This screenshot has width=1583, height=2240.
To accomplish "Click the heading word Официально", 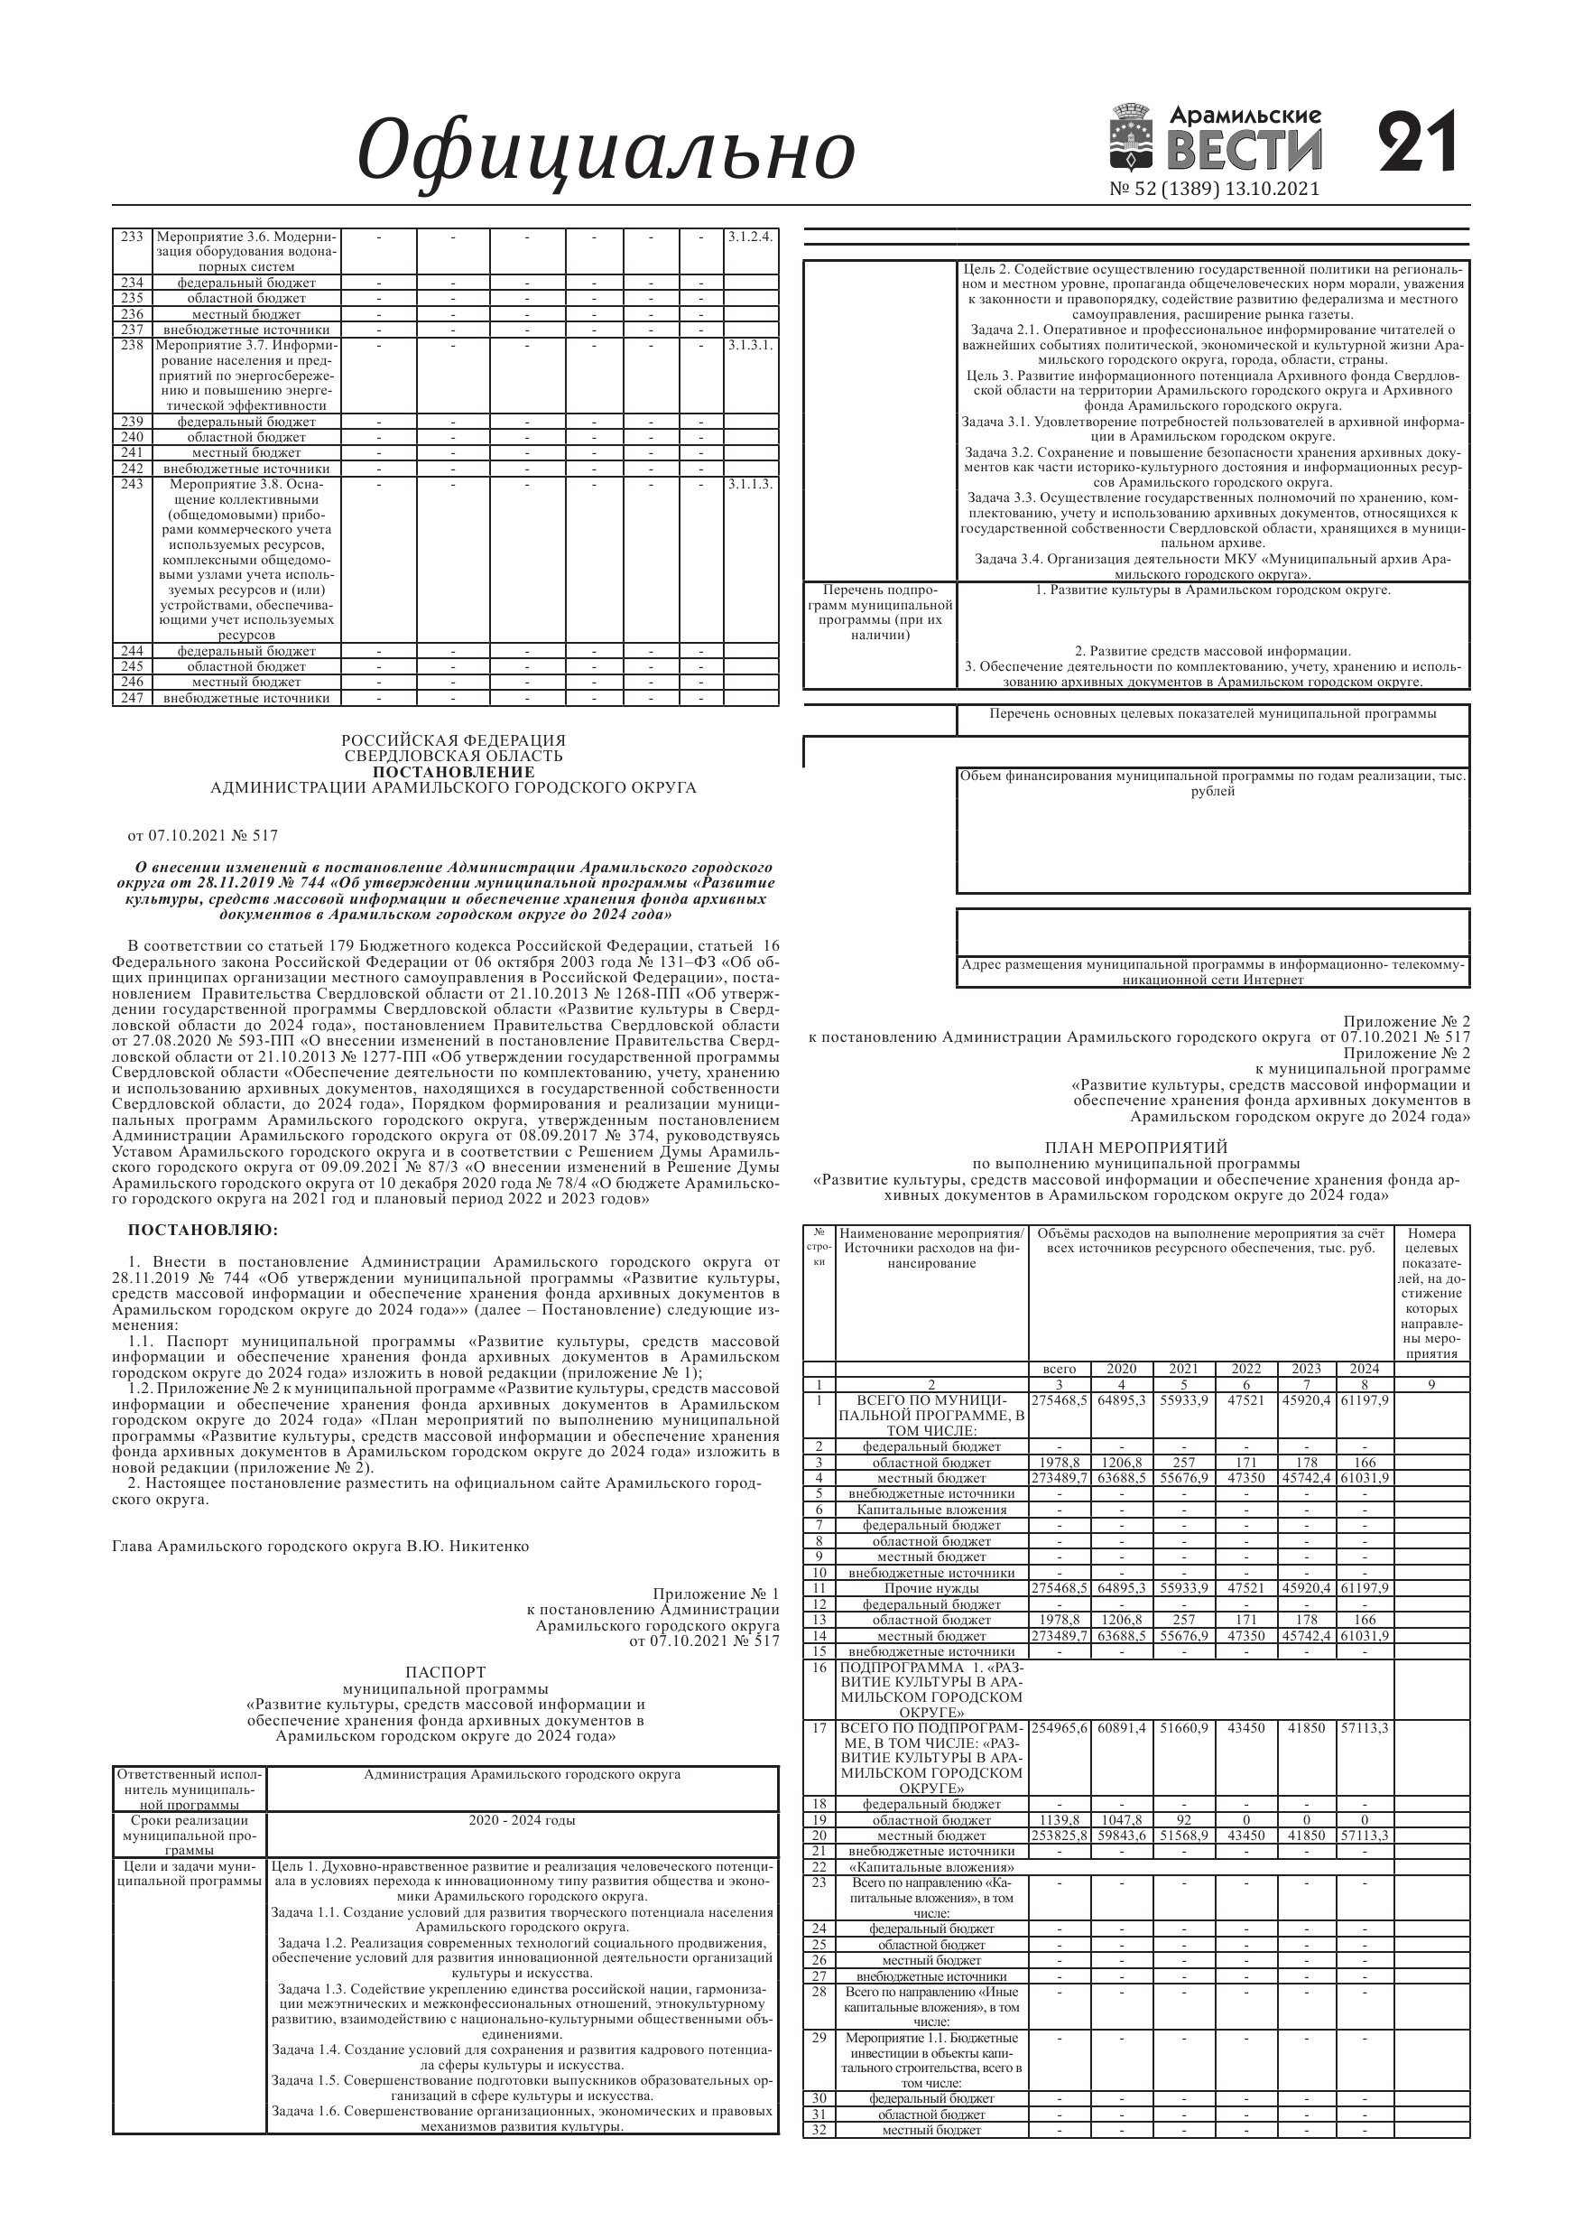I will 606,150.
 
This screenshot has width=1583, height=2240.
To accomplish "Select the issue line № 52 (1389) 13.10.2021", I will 1214,190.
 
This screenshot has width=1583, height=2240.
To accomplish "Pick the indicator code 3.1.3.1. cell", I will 750,346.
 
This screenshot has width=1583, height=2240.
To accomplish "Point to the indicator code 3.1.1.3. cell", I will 750,484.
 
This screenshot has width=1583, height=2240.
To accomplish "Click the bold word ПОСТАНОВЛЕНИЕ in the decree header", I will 454,772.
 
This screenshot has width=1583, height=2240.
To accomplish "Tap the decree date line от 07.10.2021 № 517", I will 204,835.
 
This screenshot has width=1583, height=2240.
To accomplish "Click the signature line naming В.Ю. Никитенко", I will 321,1546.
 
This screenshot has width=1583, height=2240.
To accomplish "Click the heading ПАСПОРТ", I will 445,1672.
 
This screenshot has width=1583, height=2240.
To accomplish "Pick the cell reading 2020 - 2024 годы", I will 522,1820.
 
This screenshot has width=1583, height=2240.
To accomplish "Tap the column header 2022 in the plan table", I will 1245,1369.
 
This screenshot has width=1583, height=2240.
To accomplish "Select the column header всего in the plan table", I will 1060,1369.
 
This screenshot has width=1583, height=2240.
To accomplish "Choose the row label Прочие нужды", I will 931,1588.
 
